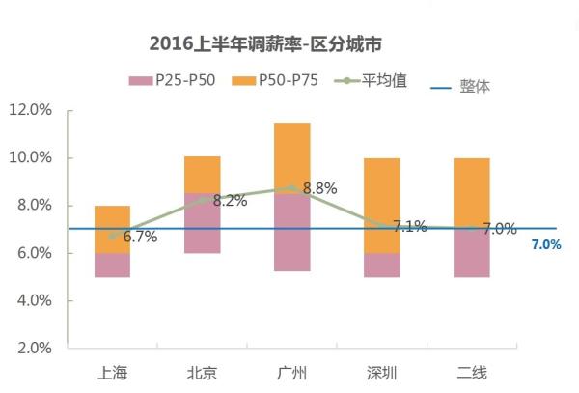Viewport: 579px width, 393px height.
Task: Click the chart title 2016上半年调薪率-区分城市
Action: pos(268,44)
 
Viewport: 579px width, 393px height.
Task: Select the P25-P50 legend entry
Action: pos(174,82)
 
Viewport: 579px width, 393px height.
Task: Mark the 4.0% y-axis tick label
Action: pos(33,300)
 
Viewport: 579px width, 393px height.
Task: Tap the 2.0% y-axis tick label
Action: pos(33,348)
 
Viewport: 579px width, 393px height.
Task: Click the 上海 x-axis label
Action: pos(112,373)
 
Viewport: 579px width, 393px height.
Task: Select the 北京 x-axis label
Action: pos(202,373)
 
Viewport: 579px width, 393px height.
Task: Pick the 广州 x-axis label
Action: pos(291,373)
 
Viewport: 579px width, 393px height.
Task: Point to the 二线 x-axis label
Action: pos(471,373)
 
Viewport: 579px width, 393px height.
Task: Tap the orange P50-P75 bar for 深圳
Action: pos(381,193)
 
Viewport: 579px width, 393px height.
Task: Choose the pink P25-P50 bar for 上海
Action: pos(112,265)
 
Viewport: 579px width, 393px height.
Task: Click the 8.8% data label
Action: pos(319,189)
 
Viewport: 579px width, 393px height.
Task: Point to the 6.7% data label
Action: pos(140,237)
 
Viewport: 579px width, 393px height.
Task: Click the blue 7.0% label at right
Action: pos(545,245)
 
